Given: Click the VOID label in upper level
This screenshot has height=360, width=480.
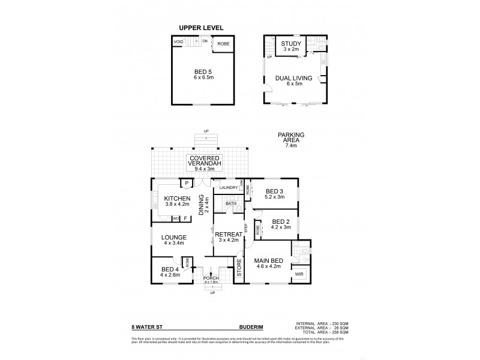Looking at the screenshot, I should (x=178, y=42).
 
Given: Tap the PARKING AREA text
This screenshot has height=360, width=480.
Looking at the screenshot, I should (x=290, y=135).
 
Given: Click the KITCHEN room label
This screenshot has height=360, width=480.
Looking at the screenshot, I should (x=177, y=199).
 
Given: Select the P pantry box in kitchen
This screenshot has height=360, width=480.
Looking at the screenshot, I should (x=186, y=184).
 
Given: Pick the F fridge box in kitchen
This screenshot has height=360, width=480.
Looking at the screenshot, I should (x=185, y=218).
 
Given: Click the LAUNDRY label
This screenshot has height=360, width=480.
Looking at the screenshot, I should (x=229, y=188).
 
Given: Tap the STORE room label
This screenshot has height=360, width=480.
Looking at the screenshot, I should (x=238, y=268).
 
